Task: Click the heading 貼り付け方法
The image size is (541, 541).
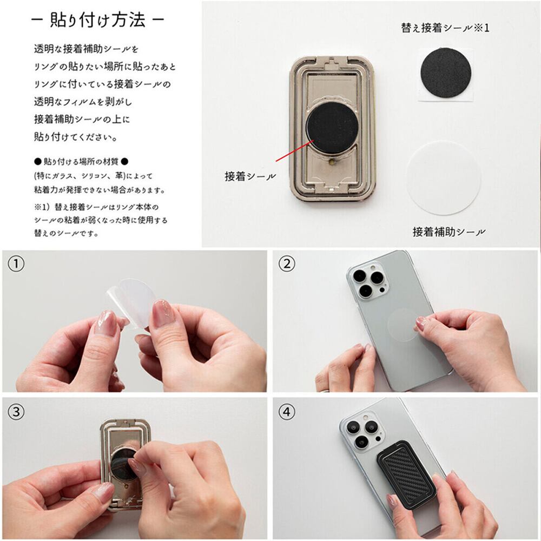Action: [x=97, y=20]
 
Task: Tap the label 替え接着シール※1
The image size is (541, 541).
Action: [x=445, y=28]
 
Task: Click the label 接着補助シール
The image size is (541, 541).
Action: [x=449, y=232]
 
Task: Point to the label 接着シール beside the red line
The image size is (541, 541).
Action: [x=250, y=176]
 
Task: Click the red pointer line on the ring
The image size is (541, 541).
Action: [x=295, y=150]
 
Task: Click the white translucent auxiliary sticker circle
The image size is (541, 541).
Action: [x=444, y=177]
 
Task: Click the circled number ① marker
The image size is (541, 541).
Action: [x=16, y=265]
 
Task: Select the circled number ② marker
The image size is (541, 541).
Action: [x=287, y=265]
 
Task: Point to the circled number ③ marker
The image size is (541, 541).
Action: [x=16, y=412]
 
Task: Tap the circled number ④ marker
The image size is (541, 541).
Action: [x=287, y=412]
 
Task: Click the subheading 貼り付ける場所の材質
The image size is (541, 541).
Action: [x=81, y=161]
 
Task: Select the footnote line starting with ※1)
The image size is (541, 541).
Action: [x=96, y=207]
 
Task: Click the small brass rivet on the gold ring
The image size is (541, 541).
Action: [x=332, y=162]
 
